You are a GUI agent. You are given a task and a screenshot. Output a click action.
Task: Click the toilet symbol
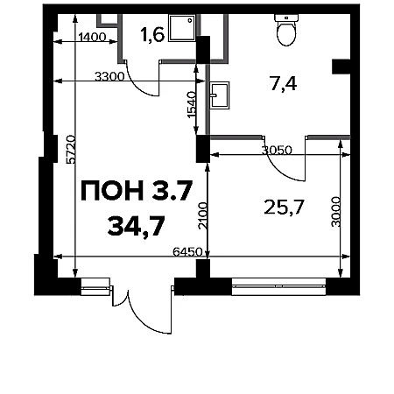pos(286,30)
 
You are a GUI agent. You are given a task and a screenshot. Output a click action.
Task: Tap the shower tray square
pos(181,28)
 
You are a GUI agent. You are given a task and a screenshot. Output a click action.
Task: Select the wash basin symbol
pos(219,95)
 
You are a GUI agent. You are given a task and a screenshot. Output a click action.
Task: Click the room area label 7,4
pos(284,84)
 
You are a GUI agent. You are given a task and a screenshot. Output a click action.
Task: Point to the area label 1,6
pos(152,35)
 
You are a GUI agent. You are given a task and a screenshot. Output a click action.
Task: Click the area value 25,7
pos(284,208)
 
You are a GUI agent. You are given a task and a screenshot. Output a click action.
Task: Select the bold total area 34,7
pos(136,226)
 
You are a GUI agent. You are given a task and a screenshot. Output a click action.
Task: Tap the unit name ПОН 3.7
pos(137,191)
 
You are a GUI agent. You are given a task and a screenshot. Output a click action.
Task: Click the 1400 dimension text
pos(92,38)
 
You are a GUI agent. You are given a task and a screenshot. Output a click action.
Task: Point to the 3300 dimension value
pos(109,77)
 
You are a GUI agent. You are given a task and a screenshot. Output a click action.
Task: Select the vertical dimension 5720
pos(71,149)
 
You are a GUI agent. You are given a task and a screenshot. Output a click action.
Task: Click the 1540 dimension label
pos(191,105)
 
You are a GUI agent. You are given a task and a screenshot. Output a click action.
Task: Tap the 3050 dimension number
pos(277,151)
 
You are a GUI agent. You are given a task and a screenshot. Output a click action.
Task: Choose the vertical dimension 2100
pos(202,215)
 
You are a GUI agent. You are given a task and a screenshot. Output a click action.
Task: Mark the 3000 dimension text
pos(336,212)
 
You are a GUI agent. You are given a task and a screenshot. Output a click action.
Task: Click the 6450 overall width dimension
pos(187,251)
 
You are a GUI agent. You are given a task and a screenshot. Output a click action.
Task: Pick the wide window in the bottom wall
pos(278,286)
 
